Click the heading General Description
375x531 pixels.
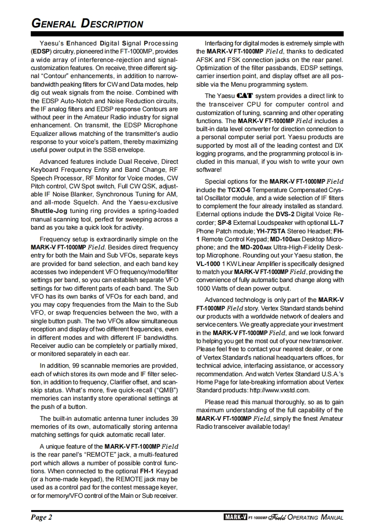87,23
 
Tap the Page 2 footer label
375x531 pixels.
42,517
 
